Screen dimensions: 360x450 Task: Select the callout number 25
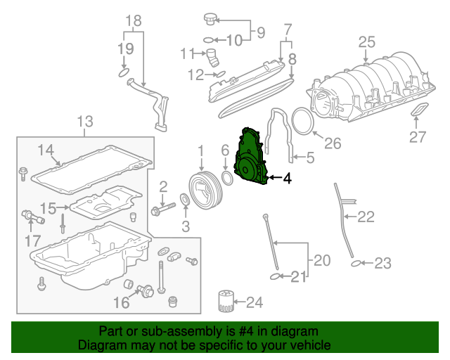367,42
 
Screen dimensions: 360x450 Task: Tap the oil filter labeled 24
225,303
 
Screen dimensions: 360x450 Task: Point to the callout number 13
84,121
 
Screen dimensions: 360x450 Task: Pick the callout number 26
332,143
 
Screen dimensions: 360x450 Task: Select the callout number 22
366,217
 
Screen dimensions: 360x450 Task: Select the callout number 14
46,149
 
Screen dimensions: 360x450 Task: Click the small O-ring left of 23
356,264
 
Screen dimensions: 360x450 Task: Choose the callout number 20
321,261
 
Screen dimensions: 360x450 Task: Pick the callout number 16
122,302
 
